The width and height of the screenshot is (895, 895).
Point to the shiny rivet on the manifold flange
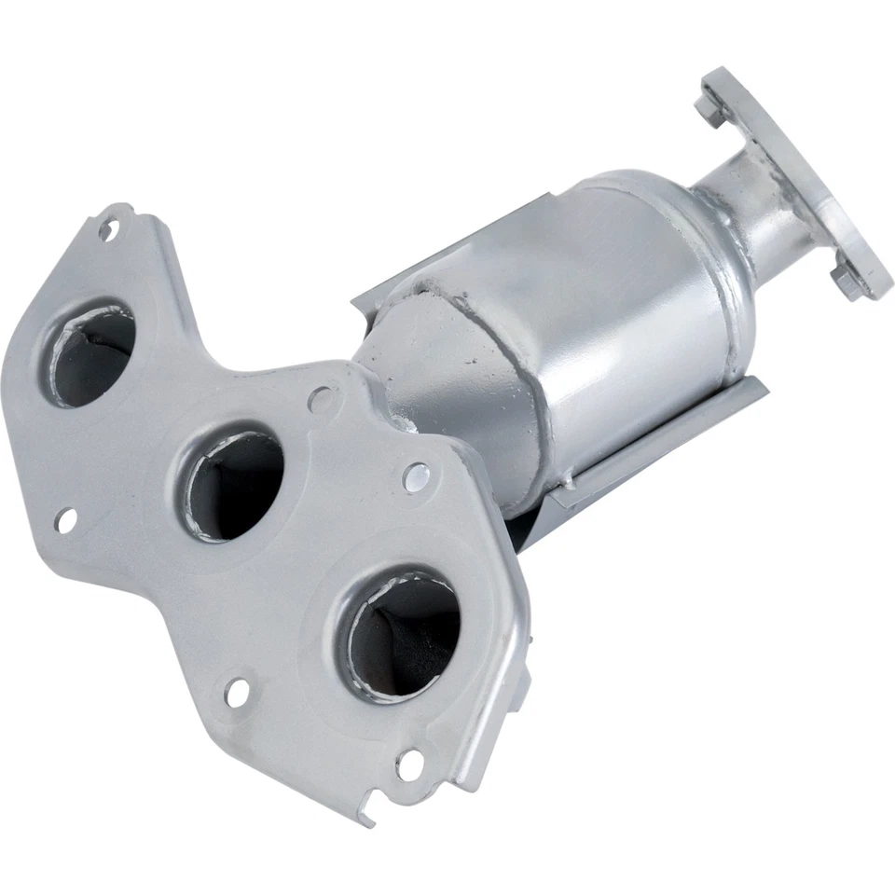416,477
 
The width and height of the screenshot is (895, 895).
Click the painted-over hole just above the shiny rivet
322,401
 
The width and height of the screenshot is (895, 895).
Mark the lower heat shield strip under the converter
653,447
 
